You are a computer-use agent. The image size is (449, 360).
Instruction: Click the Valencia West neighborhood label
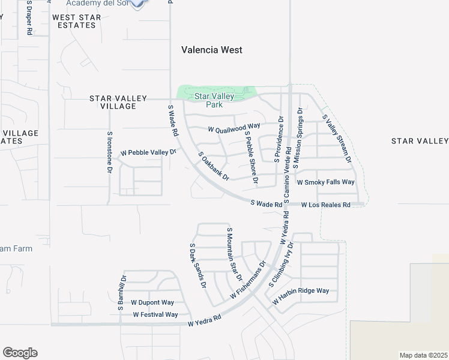212,50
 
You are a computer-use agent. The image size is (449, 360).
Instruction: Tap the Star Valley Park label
209,100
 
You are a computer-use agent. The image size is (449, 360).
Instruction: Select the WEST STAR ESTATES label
77,22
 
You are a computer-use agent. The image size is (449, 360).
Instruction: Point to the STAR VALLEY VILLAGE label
113,102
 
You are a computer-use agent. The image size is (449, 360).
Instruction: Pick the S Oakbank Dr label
214,166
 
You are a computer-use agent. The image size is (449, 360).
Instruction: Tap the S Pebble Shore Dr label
251,157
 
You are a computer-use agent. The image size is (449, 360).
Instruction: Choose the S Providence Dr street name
278,140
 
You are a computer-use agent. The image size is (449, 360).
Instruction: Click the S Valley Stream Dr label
337,139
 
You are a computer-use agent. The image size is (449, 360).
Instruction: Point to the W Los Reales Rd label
326,205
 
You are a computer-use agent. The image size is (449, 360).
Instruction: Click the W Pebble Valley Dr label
149,153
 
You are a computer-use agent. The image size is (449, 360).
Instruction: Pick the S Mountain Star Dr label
234,254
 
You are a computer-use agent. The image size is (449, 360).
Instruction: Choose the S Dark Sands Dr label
198,266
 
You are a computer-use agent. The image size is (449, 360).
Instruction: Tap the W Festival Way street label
155,314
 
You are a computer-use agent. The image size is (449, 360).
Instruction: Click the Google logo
20,353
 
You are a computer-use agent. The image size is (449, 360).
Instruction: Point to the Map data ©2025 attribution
423,355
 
